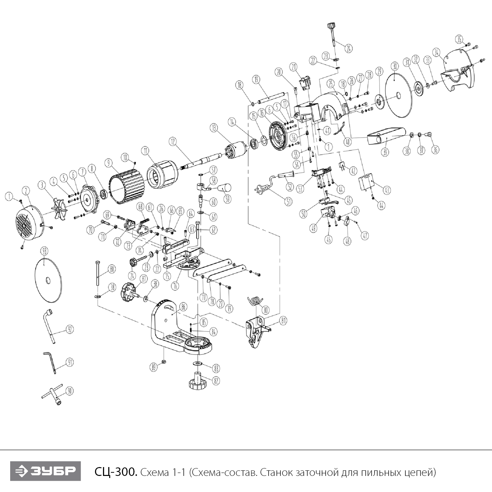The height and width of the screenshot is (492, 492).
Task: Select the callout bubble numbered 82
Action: (x=215, y=380)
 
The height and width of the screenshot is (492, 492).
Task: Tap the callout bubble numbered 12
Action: (x=173, y=141)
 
